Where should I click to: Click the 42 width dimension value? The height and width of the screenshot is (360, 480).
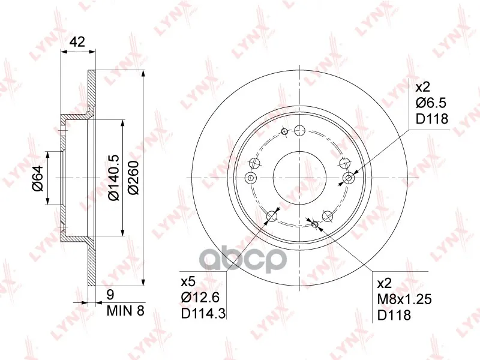coord(77,42)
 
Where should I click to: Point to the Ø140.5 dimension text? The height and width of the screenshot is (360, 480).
coord(113,178)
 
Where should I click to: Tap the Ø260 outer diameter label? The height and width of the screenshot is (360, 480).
coord(133,178)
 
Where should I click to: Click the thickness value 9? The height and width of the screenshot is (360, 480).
coord(110,295)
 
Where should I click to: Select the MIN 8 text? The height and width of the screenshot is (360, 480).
coord(125,311)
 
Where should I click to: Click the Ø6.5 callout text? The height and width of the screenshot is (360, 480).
coord(431,103)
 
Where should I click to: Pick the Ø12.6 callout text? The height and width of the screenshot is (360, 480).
coord(200,297)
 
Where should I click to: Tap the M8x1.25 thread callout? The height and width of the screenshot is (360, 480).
coord(404,299)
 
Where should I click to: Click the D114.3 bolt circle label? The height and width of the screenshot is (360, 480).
coord(203,313)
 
